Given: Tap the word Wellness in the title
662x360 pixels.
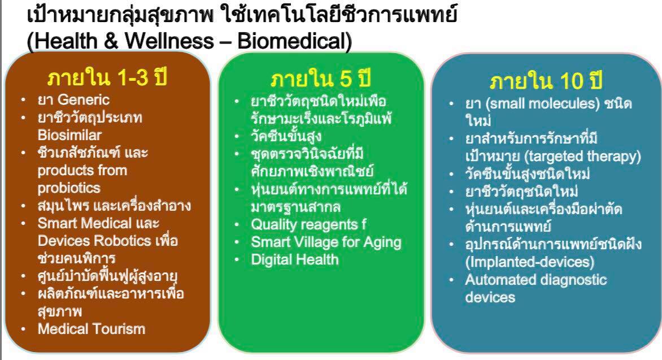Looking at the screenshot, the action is [x=169, y=41].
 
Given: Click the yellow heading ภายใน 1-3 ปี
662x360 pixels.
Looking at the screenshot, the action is [x=107, y=78].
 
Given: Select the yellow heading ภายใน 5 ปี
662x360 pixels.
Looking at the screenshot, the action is [x=320, y=79].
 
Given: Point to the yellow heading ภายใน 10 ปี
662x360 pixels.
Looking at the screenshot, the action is [x=546, y=81].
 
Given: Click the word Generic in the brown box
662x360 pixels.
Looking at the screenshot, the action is [x=84, y=99].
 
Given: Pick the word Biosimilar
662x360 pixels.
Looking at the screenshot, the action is [x=69, y=135].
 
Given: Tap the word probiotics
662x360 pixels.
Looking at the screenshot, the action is [x=69, y=188].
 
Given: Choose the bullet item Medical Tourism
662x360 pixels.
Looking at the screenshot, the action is [x=91, y=329].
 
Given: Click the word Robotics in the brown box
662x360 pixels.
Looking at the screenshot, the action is [x=123, y=240].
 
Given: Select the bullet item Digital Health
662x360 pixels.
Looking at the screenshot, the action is [x=295, y=259].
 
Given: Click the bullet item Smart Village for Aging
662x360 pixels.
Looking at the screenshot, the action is [x=326, y=242].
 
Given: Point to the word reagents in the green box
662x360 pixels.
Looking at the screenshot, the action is [x=324, y=225].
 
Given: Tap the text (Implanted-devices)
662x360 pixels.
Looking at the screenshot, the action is [x=529, y=262].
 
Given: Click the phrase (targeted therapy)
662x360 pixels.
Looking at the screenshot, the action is [x=582, y=157].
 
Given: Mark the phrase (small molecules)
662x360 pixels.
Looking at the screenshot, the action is [x=542, y=103].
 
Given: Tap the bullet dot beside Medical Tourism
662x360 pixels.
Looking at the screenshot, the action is [x=23, y=329].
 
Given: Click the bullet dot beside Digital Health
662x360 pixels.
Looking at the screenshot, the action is [x=237, y=260].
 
